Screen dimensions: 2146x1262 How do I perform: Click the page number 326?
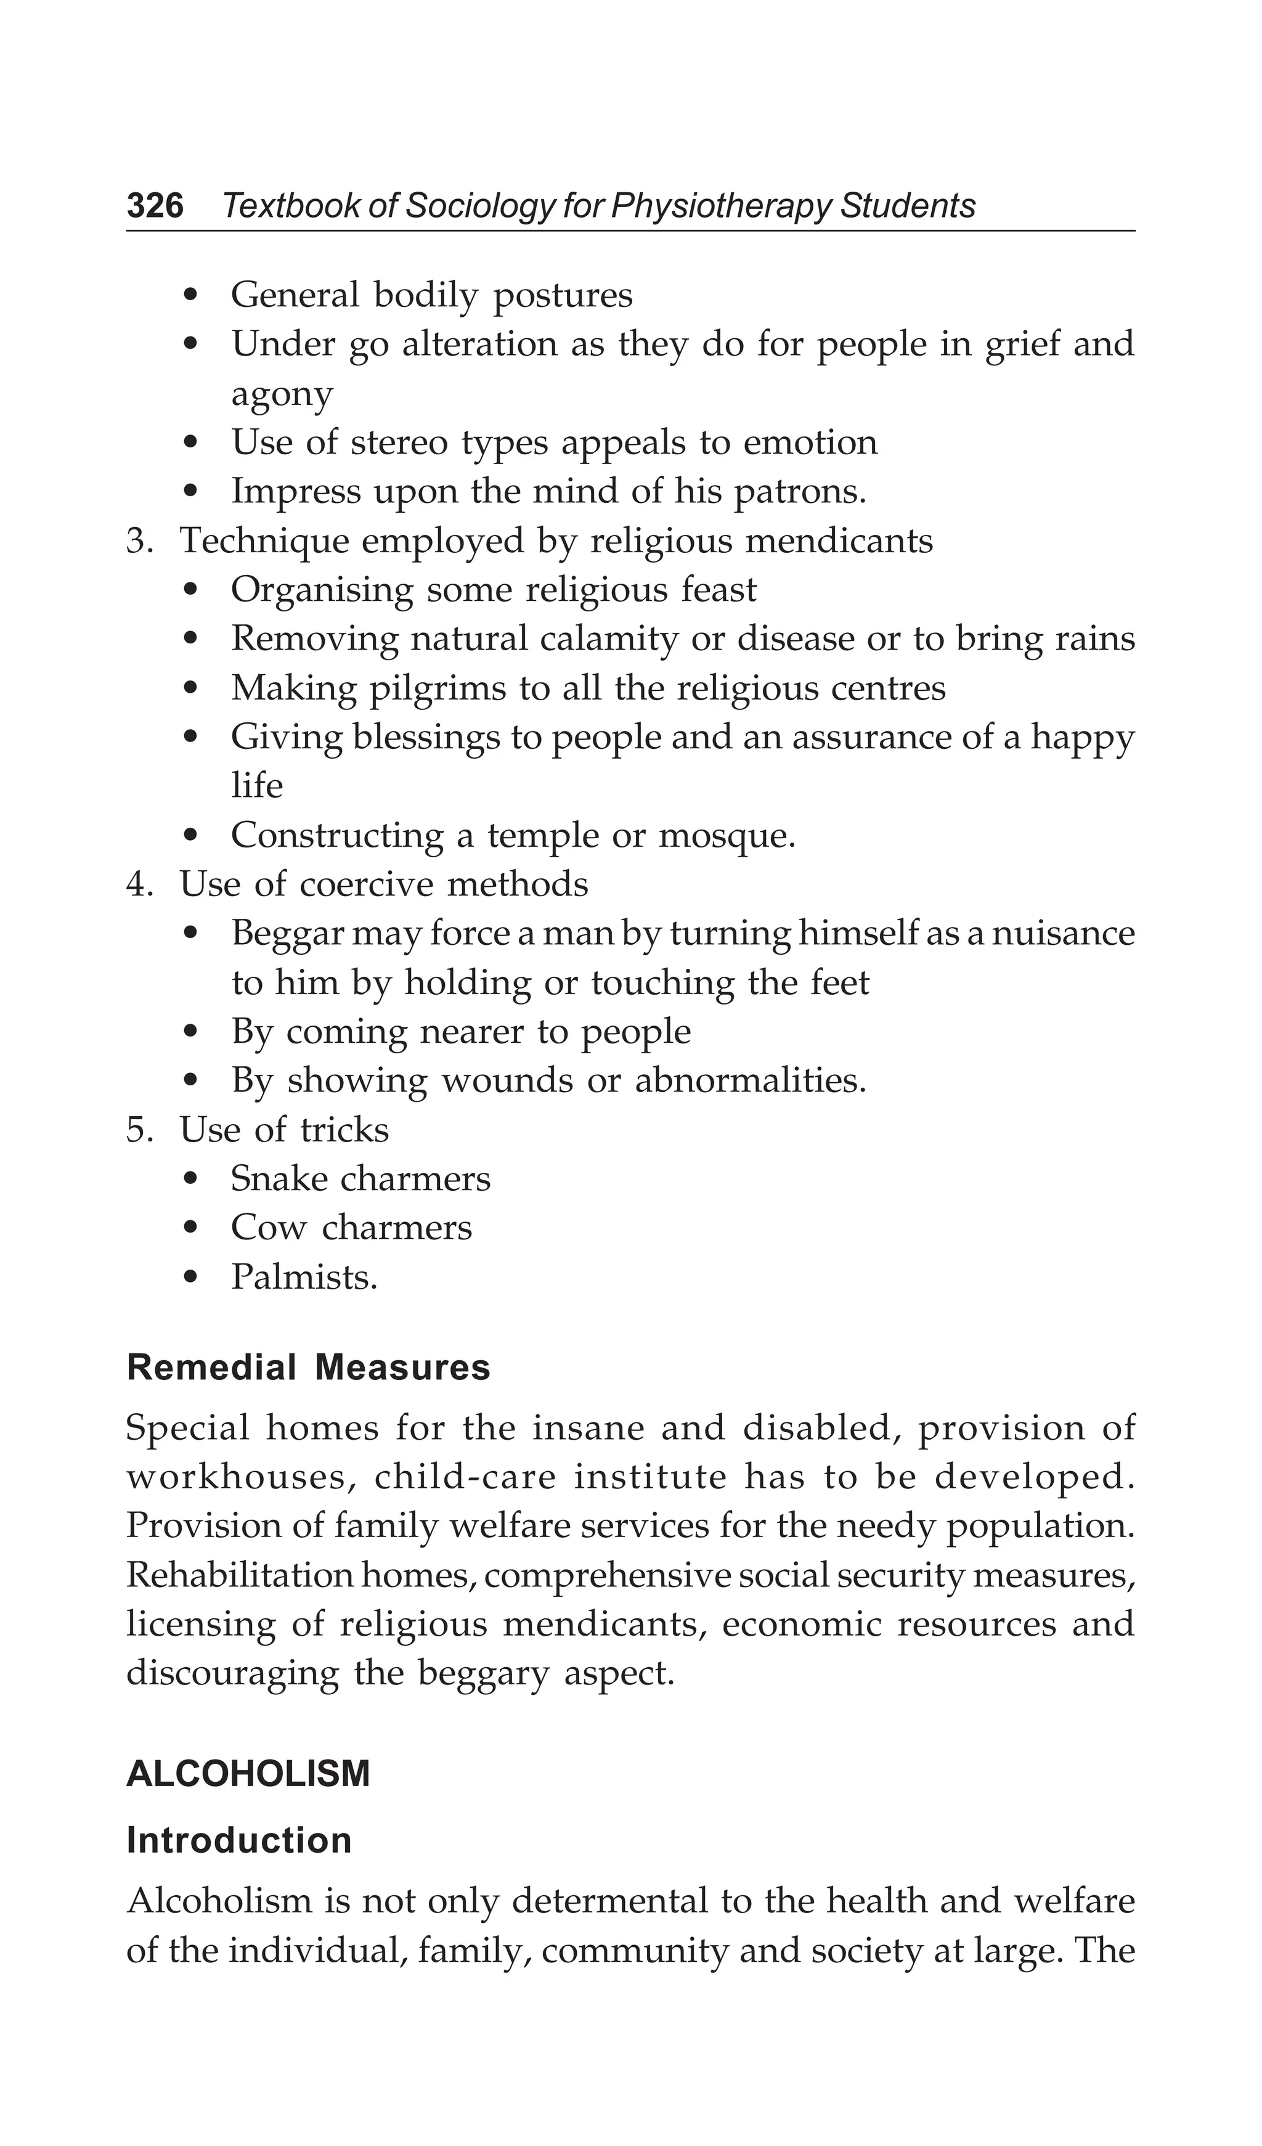click(155, 206)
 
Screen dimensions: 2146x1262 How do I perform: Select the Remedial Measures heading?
click(308, 1368)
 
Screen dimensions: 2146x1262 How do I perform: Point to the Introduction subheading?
click(238, 1840)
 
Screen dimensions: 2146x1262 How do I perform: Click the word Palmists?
click(304, 1278)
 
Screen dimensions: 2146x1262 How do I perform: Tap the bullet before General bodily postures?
click(192, 296)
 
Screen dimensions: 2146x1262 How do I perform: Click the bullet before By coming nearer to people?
click(192, 1033)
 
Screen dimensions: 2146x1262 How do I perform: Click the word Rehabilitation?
click(239, 1575)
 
